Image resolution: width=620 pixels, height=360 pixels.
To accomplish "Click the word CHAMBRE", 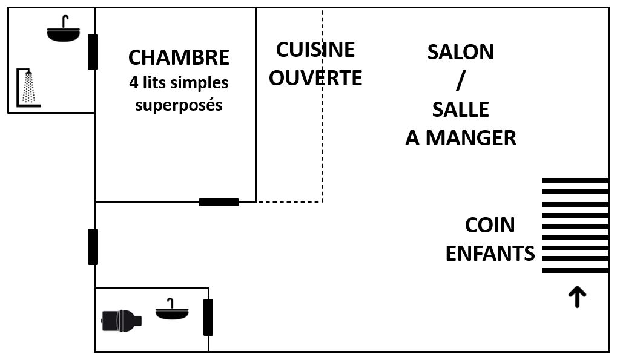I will pos(179,58).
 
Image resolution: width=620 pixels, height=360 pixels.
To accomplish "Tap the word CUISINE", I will pos(315,50).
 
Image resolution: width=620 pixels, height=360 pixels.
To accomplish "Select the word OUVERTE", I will pos(315,78).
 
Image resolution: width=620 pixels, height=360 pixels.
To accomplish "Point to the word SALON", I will pos(461,52).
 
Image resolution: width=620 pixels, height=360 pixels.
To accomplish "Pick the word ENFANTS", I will pos(490,254).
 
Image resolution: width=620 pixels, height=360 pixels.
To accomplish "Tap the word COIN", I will pos(490,225).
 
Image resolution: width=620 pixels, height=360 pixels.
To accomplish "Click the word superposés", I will pos(179,105).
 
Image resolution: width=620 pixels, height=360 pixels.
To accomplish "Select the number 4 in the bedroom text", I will pos(133,82).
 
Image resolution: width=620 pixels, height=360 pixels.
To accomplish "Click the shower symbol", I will pos(28,87).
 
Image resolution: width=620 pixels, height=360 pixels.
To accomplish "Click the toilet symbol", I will pos(121,319).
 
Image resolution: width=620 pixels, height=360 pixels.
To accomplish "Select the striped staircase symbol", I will pos(575,225).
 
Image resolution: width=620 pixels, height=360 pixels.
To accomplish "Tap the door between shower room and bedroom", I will pos(93,52).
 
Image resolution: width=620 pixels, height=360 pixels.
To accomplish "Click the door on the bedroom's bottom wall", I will pos(219,202).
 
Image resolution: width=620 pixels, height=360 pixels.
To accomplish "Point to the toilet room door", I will pos(208,317).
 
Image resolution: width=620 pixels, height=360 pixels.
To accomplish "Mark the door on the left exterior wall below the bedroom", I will pos(93,246).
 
